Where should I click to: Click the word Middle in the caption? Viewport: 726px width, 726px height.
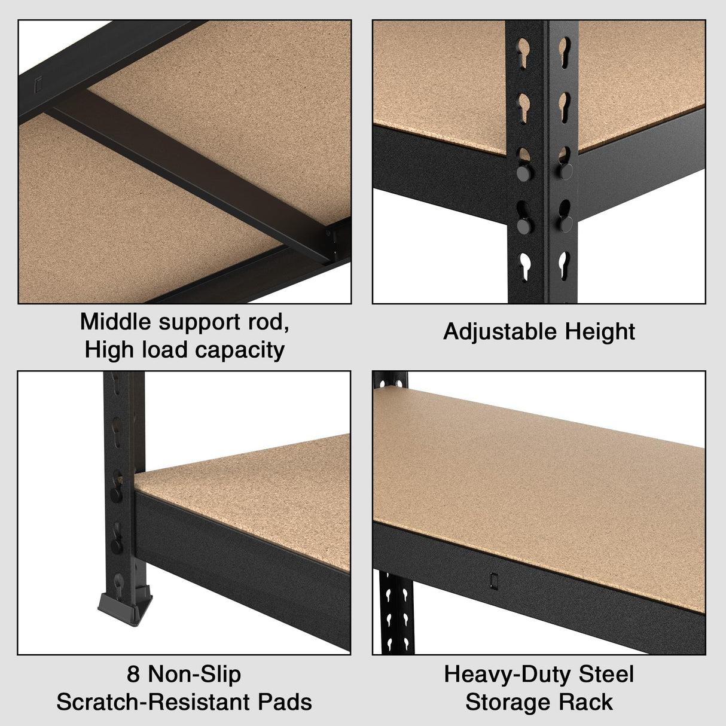(x=117, y=322)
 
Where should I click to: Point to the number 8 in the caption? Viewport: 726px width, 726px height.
(x=133, y=675)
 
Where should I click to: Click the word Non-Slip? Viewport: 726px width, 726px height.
(x=194, y=675)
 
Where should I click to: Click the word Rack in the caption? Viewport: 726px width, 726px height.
(x=589, y=702)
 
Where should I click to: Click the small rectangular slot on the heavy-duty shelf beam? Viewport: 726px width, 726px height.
(x=494, y=581)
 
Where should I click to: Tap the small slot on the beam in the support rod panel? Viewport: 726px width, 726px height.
(x=38, y=85)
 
